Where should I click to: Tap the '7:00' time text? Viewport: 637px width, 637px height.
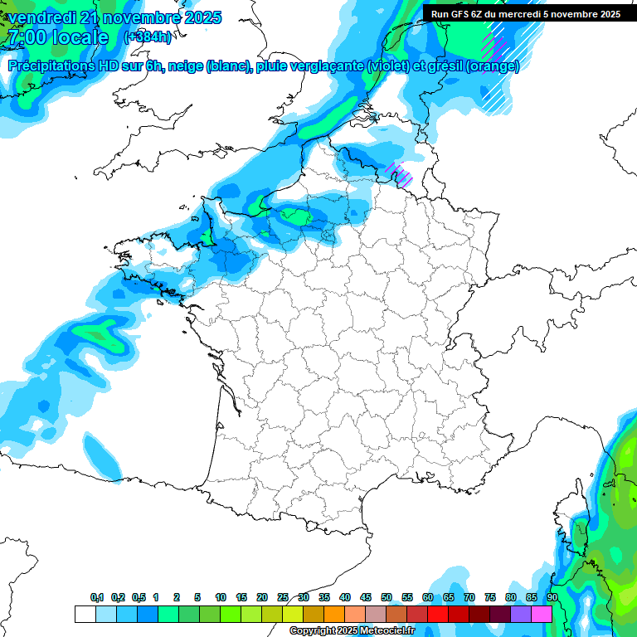[x=25, y=37]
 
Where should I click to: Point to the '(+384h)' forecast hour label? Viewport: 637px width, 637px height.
[x=148, y=37]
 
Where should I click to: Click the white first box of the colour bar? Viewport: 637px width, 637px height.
[x=85, y=614]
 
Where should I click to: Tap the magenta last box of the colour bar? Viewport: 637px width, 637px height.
[x=542, y=614]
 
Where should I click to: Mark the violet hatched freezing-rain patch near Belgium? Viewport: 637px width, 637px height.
[x=401, y=174]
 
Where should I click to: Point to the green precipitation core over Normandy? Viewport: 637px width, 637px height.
[x=294, y=216]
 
